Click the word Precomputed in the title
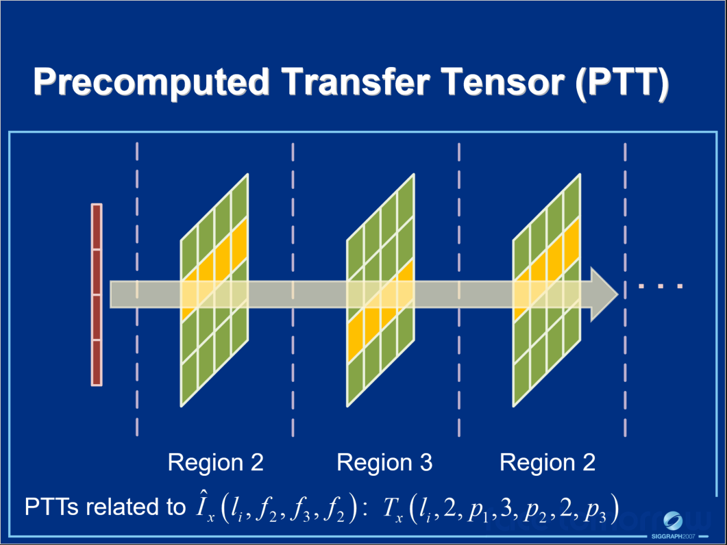[x=151, y=82]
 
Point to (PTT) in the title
[x=622, y=82]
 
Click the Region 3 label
[x=384, y=463]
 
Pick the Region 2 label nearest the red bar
[x=216, y=463]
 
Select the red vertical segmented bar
[x=97, y=294]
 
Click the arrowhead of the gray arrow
[x=604, y=294]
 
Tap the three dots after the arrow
[x=661, y=286]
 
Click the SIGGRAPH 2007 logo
[x=673, y=524]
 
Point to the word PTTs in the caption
[x=51, y=507]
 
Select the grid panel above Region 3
[x=381, y=290]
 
